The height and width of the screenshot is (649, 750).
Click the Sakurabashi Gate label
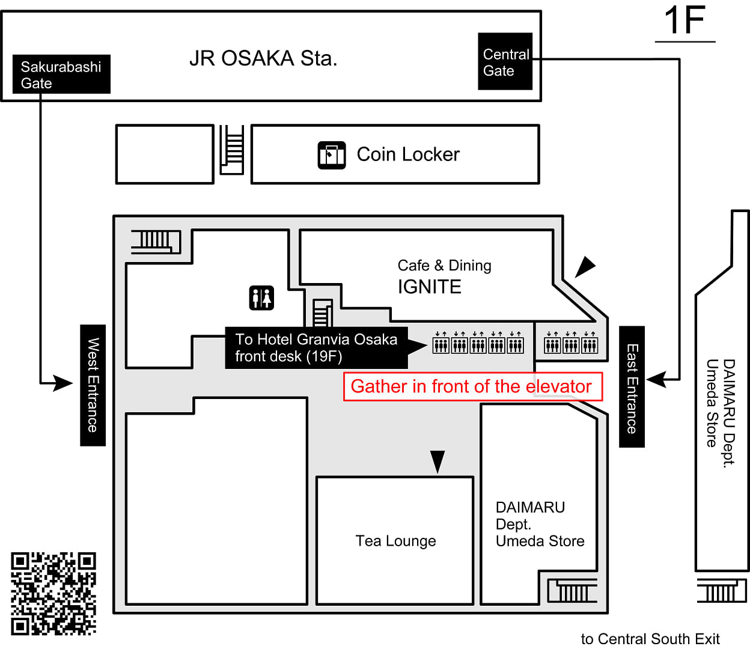coord(61,75)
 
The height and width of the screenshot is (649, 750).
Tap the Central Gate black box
coord(505,62)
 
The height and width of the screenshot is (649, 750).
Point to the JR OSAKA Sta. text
coord(263,58)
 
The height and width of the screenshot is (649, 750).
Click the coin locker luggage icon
coord(332,155)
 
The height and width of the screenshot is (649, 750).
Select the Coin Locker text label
coord(408,154)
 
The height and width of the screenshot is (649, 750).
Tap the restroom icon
coord(261,297)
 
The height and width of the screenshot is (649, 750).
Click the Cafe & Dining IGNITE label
coord(444,277)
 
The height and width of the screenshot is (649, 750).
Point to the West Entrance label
coord(93,385)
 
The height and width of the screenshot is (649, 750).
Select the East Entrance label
coord(632,387)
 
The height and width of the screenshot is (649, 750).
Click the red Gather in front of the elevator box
coord(472,386)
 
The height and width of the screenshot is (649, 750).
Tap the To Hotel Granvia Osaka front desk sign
coord(317,348)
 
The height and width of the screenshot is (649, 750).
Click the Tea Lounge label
coord(395,541)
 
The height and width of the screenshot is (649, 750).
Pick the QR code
coord(53,594)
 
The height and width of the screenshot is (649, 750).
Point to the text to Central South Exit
coord(650,639)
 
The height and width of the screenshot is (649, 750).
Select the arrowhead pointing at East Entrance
coord(656,379)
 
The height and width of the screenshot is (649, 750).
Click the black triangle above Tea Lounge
coord(437,461)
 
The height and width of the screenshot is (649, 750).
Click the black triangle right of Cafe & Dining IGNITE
coord(584,266)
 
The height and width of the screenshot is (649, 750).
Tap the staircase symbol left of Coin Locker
coord(232,149)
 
